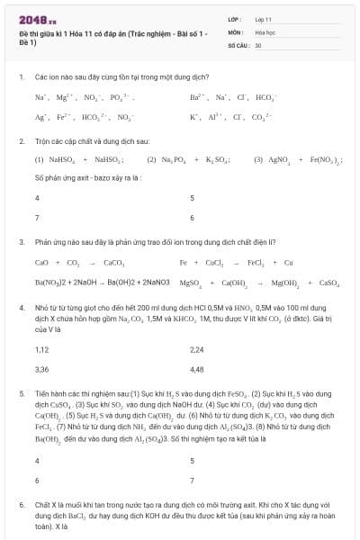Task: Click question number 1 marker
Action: click(21, 78)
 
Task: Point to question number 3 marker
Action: click(21, 242)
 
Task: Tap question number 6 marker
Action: click(21, 506)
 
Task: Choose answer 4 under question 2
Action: click(37, 198)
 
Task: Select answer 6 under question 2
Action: click(193, 218)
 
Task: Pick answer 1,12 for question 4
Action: click(41, 349)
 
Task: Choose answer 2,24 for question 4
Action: click(197, 349)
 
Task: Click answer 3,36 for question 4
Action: click(41, 369)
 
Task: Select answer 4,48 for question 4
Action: click(197, 369)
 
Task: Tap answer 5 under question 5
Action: click(193, 460)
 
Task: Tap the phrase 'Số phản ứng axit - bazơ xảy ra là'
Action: click(88, 178)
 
